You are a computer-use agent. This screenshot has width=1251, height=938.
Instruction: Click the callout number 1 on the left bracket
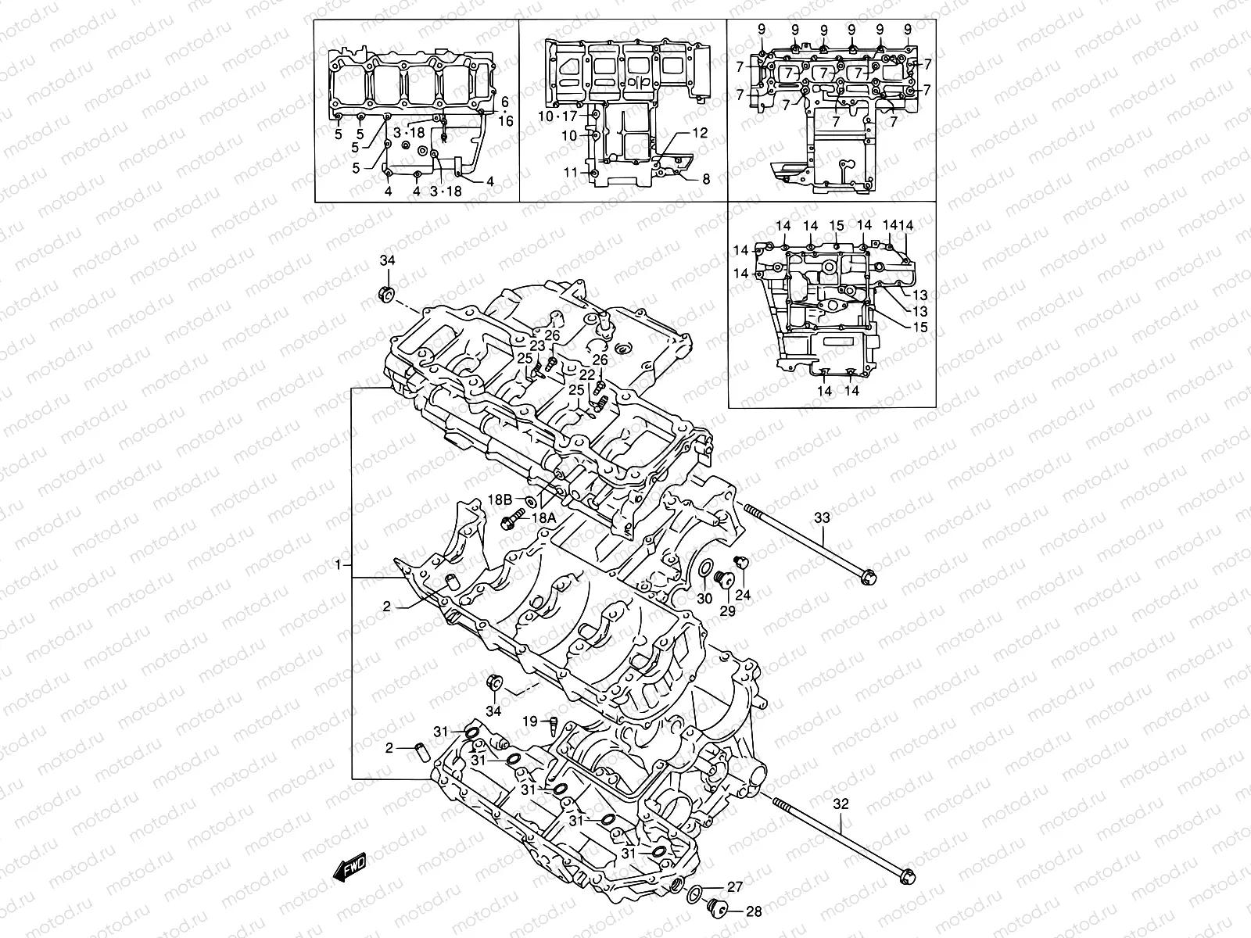[338, 564]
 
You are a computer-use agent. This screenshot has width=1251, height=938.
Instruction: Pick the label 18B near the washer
[499, 498]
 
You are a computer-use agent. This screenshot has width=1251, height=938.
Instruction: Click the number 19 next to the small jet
[530, 721]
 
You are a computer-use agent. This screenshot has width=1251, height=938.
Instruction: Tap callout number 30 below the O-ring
[704, 599]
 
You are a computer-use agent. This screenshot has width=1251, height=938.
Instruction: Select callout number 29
[727, 611]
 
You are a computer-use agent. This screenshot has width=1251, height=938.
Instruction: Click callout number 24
[743, 595]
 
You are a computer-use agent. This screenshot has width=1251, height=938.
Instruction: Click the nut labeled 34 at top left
[385, 295]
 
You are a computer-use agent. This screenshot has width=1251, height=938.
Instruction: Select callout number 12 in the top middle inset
[699, 133]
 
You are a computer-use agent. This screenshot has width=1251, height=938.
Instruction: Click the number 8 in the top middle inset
[705, 179]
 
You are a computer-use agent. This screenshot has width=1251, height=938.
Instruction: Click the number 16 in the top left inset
[505, 121]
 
